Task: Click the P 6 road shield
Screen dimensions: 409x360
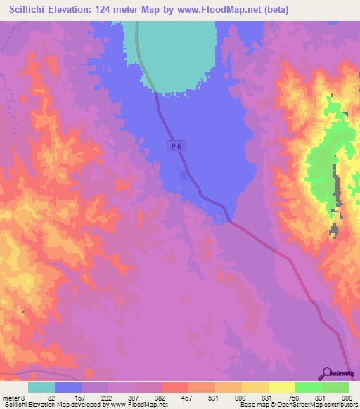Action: [176, 145]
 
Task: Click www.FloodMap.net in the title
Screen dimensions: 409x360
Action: [217, 10]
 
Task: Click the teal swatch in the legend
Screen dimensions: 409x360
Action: [41, 387]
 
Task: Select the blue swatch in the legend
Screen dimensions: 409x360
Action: [68, 387]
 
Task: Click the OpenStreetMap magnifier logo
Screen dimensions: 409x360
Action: [327, 372]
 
